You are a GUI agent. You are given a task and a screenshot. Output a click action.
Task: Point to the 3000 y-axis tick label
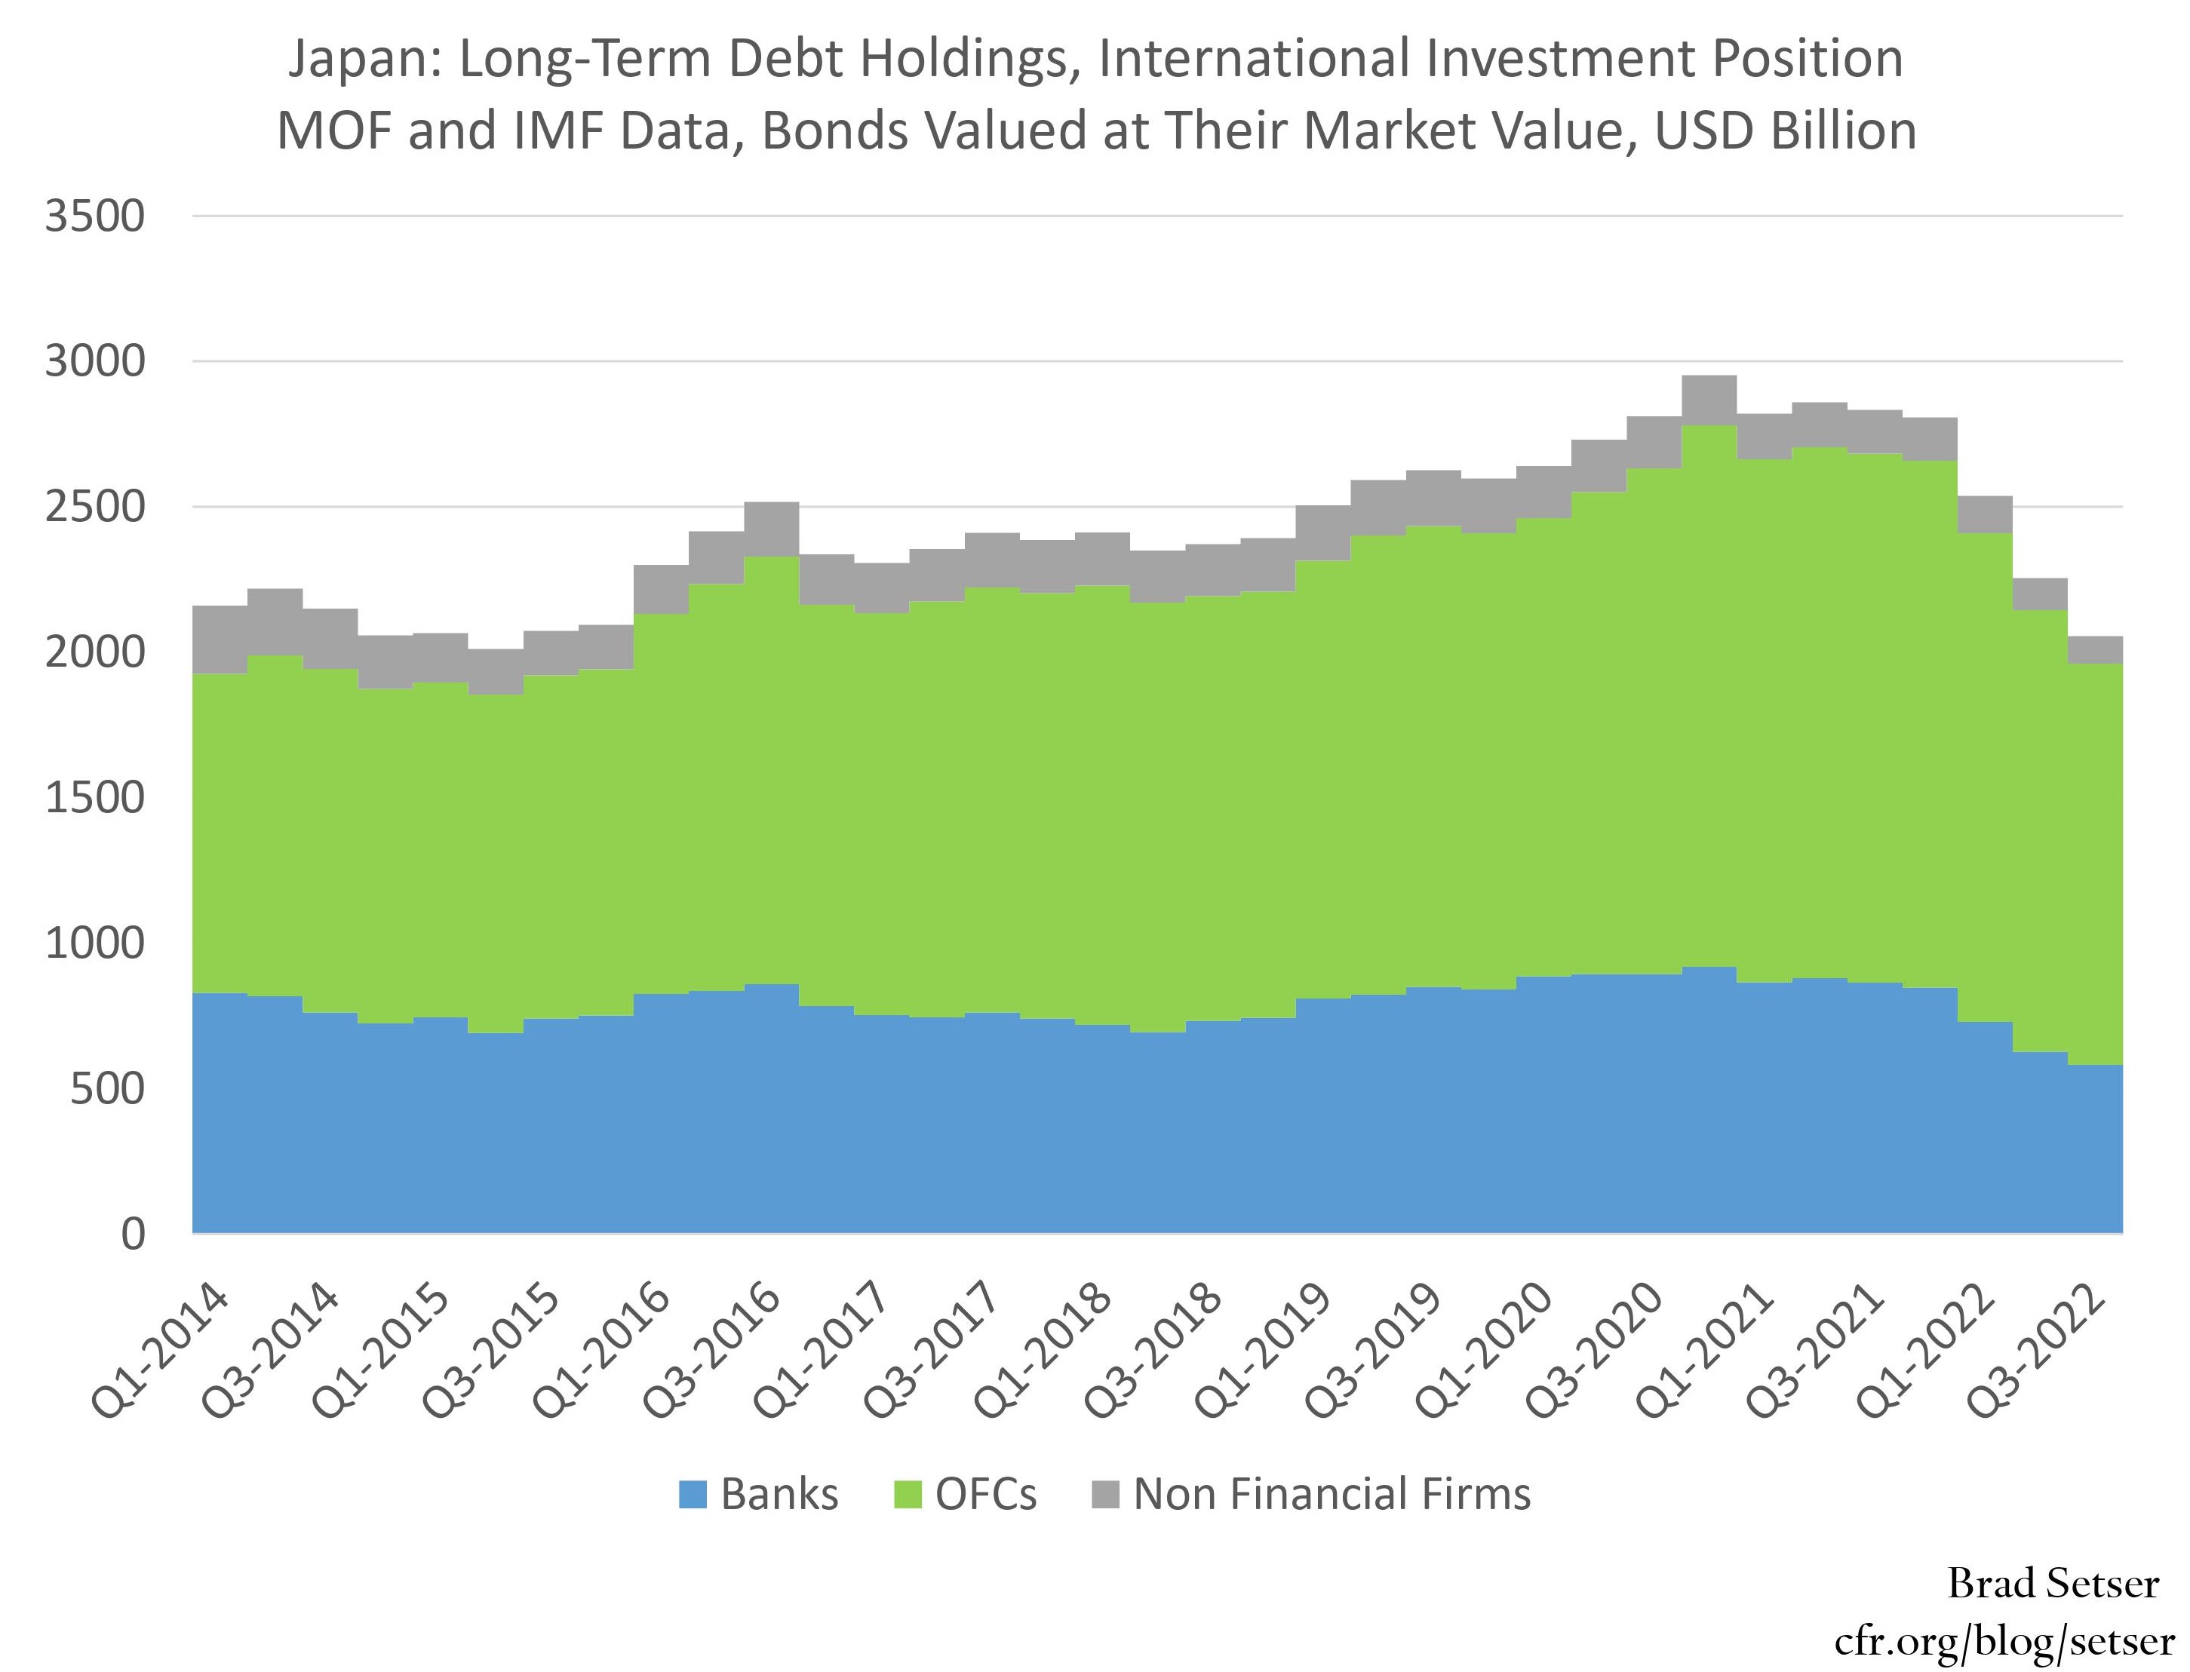pos(94,362)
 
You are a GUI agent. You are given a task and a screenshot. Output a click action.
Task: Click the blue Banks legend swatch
pos(693,1495)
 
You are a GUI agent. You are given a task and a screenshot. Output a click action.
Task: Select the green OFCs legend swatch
pos(908,1495)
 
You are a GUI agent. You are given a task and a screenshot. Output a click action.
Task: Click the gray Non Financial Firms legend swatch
pos(1106,1495)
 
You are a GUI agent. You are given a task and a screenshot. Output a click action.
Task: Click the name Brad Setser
pos(2053,1584)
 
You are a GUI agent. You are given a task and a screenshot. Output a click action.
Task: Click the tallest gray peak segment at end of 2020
pos(1708,400)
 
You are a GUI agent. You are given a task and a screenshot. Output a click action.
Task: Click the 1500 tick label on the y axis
pos(94,798)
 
